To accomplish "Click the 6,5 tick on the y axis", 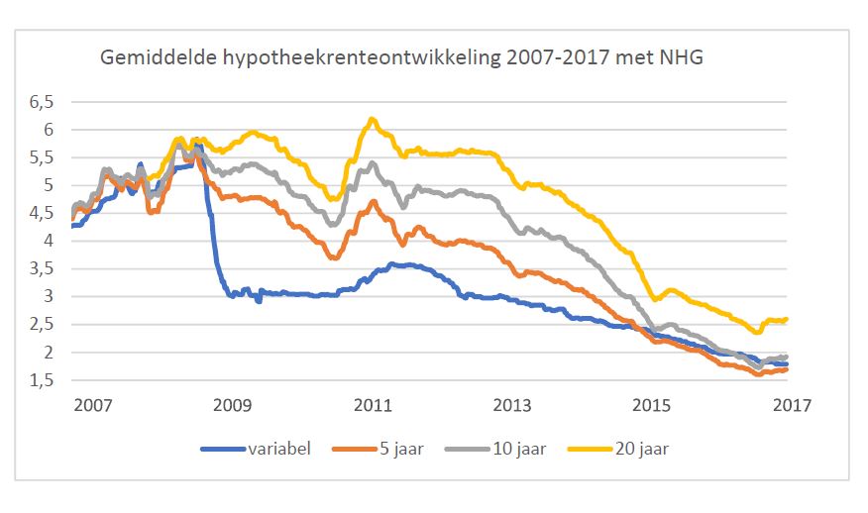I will (x=43, y=102).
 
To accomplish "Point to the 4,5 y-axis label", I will (x=43, y=213).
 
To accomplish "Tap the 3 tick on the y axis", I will (x=51, y=296).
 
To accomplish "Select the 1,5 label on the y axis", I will (x=43, y=379).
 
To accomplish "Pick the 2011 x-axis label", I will (x=372, y=405).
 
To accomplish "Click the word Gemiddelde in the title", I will (x=150, y=59).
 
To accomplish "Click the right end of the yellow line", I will (x=787, y=319).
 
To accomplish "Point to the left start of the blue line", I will (x=73, y=226).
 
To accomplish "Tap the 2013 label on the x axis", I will (x=512, y=405).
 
